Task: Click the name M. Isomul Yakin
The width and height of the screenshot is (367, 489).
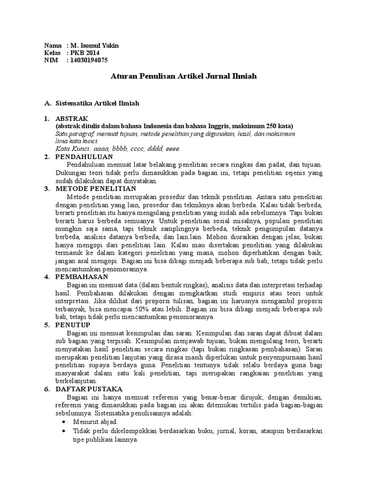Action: click(94, 45)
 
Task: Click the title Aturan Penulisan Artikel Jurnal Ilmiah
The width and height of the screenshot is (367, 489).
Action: click(183, 76)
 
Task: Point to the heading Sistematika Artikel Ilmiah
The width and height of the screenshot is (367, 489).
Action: click(97, 103)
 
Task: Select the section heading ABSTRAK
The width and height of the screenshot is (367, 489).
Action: click(72, 118)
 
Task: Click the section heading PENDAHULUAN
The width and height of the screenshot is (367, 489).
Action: click(84, 157)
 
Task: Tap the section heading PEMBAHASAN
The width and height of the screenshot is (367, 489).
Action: click(82, 276)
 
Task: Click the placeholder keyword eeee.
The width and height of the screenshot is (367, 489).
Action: click(172, 149)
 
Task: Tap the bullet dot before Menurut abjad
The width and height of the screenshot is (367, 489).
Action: click(65, 423)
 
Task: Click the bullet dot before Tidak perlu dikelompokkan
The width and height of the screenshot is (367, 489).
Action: click(65, 431)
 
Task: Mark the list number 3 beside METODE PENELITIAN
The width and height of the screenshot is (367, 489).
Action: click(46, 189)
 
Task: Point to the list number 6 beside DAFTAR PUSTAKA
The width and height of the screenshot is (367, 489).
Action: click(46, 389)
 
